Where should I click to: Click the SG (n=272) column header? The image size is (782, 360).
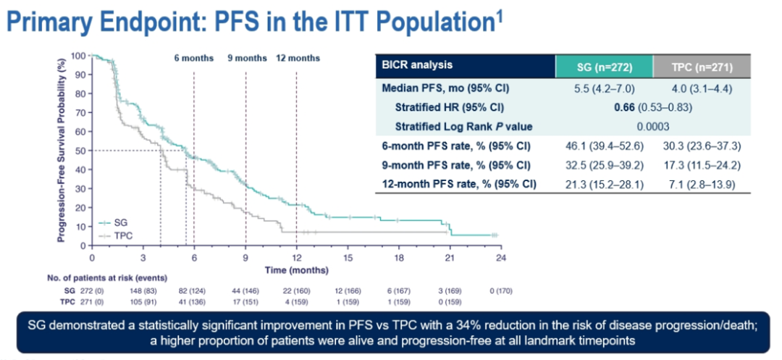click(603, 66)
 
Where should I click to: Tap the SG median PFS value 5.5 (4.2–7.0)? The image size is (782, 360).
click(604, 89)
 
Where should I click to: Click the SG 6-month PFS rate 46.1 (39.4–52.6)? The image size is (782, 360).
click(604, 146)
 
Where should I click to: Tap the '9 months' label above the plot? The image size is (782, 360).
click(247, 59)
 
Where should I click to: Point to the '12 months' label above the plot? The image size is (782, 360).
click(298, 59)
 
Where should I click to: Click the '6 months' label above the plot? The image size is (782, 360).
click(194, 59)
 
